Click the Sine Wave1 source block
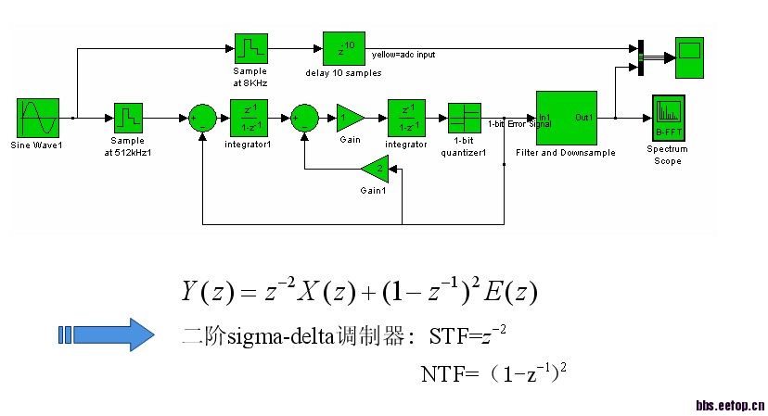coord(37,117)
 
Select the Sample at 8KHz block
coord(250,49)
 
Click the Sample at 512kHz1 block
coord(127,117)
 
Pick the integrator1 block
coord(248,117)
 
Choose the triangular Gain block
coord(349,117)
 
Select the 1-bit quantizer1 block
coord(464,117)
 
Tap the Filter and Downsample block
coord(566,117)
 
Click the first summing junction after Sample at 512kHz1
coord(201,118)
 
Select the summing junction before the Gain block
coord(304,118)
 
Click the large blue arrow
coord(106,334)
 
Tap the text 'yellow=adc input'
coord(403,55)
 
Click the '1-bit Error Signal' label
coord(518,123)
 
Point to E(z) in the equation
coord(510,293)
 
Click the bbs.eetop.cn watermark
coord(730,405)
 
